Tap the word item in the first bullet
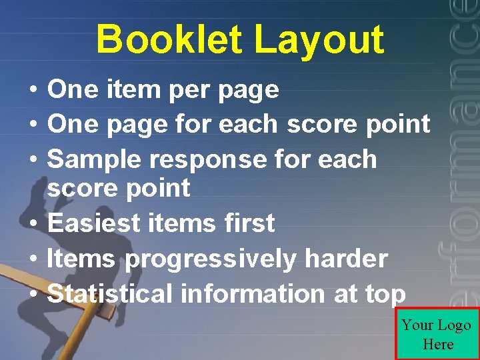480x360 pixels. pyautogui.click(x=134, y=89)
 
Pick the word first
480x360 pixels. pyautogui.click(x=250, y=223)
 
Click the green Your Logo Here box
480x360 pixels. pyautogui.click(x=437, y=334)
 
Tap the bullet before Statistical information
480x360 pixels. pyautogui.click(x=31, y=295)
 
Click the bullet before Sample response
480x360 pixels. pyautogui.click(x=31, y=161)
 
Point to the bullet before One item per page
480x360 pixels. pyautogui.click(x=31, y=90)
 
